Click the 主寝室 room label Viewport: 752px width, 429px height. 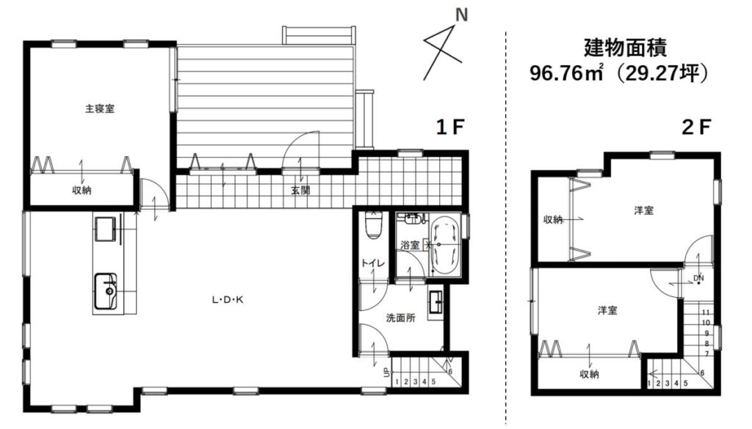[100, 109]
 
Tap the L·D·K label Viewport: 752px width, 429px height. [228, 300]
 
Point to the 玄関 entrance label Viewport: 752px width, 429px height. [300, 191]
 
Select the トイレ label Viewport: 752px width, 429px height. [372, 263]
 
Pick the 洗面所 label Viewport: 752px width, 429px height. [401, 318]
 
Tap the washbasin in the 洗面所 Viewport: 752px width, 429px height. [437, 303]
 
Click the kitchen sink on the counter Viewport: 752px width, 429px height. [106, 291]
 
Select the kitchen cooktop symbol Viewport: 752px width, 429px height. [105, 228]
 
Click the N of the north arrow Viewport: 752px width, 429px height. [461, 15]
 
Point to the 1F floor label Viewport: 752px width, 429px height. [450, 127]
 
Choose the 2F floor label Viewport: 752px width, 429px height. [696, 127]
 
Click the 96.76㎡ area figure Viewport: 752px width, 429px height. [566, 73]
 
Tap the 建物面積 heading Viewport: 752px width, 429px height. [626, 48]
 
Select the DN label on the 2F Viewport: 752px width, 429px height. [699, 278]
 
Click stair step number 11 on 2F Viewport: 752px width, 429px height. [706, 312]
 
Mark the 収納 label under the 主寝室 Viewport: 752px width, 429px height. [82, 190]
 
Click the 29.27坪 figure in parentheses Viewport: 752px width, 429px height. [662, 73]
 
